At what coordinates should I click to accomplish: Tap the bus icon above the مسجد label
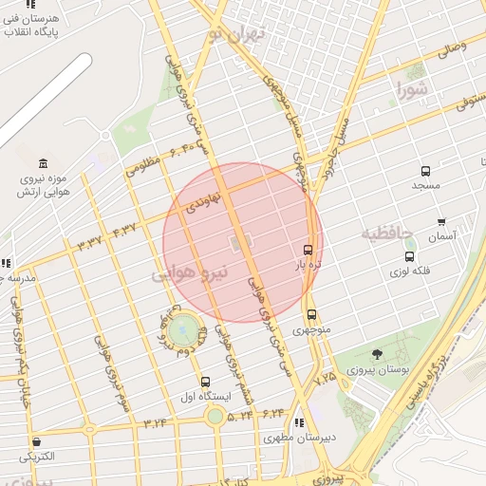pos(425,172)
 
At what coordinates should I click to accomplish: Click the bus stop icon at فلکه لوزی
pos(409,255)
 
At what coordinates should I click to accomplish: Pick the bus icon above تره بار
pos(306,250)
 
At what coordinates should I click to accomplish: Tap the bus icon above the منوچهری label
pos(311,315)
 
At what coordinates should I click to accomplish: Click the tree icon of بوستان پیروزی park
pos(378,355)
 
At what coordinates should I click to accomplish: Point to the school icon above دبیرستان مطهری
pos(300,423)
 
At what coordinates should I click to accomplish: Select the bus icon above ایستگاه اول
pos(205,382)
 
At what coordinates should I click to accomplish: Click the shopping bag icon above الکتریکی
pos(36,441)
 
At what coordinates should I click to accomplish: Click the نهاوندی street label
pos(203,199)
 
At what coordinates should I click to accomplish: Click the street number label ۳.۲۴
pos(156,422)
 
